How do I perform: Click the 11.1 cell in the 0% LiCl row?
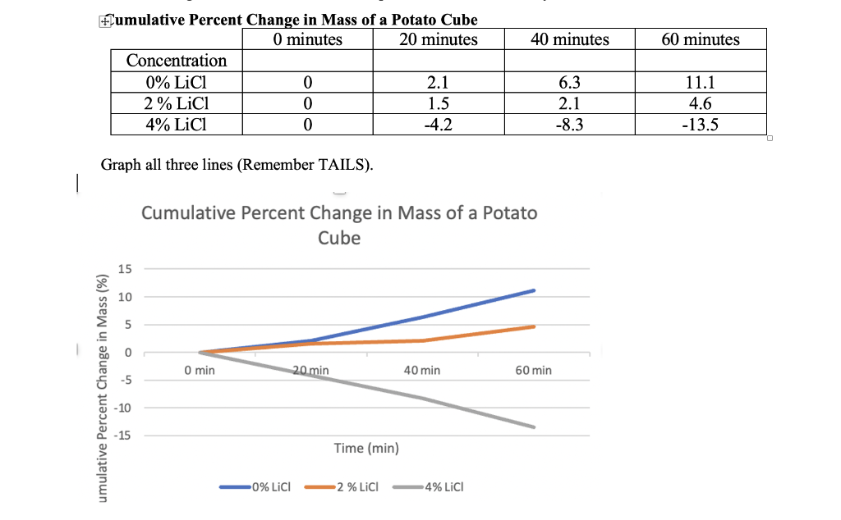click(701, 82)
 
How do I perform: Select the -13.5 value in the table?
click(701, 125)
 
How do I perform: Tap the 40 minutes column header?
click(569, 39)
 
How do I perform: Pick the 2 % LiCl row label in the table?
click(177, 103)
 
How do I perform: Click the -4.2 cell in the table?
click(439, 125)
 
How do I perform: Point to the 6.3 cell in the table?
click(569, 82)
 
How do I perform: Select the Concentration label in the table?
click(177, 61)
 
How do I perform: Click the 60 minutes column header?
click(701, 39)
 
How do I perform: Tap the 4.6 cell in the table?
click(701, 103)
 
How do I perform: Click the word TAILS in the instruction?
click(338, 165)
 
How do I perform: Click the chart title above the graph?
click(339, 225)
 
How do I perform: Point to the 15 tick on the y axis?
click(125, 269)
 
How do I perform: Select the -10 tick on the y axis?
click(123, 408)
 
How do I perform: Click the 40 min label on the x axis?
click(422, 371)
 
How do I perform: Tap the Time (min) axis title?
click(366, 448)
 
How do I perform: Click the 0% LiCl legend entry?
click(271, 486)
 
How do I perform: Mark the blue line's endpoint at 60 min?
click(534, 290)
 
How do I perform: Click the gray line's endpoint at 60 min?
click(534, 426)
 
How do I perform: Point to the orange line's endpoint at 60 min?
click(534, 326)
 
